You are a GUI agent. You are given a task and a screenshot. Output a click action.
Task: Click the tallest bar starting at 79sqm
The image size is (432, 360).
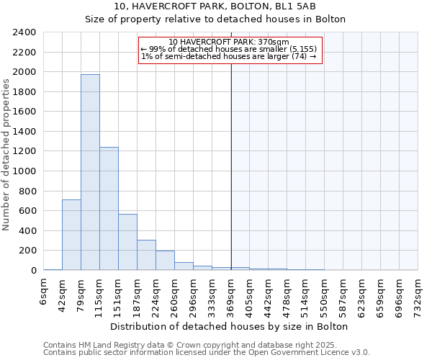pos(90,173)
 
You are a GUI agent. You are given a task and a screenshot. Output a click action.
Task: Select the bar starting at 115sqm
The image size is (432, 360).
pos(109,209)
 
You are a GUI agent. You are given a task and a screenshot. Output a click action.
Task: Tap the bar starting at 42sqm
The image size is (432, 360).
pos(71,235)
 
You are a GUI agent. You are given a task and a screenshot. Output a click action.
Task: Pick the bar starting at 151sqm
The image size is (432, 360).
pos(127,242)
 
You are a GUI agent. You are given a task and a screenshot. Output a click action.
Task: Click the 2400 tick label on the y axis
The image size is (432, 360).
pos(24,32)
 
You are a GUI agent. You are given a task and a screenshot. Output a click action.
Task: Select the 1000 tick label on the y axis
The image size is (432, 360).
pos(24,171)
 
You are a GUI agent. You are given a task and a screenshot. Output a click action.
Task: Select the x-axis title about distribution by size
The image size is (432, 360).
pos(231,326)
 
